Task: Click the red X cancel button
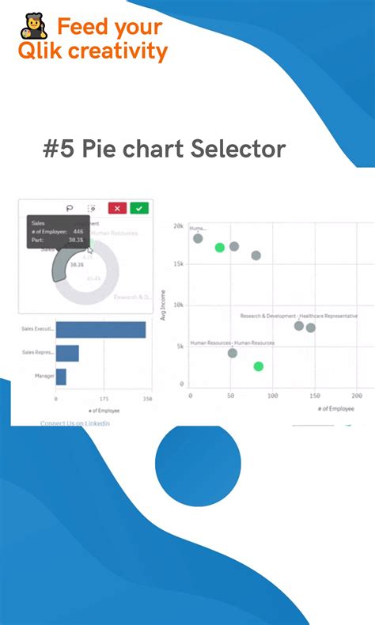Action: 117,208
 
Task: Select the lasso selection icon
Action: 70,208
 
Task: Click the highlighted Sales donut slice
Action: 62,268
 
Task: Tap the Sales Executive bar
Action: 100,330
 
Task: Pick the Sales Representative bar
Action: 67,353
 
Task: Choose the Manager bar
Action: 61,376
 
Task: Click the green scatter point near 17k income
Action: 220,248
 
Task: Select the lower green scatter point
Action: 258,366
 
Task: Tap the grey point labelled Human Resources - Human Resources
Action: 232,353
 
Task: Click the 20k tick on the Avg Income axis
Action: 179,226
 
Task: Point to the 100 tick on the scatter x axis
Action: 272,395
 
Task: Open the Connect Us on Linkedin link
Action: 75,424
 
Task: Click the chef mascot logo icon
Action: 34,26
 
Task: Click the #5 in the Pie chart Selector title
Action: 57,149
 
